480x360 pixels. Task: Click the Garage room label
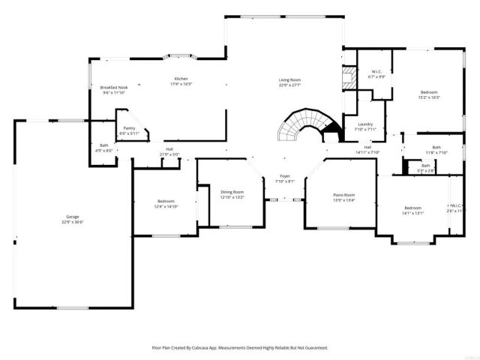(x=72, y=217)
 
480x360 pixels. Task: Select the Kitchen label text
(x=181, y=79)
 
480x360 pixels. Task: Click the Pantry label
(x=129, y=128)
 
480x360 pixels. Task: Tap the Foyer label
(x=285, y=175)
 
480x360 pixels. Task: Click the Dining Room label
(x=232, y=192)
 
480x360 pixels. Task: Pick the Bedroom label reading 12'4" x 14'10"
(x=166, y=201)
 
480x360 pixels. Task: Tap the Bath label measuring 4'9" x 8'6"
(x=103, y=145)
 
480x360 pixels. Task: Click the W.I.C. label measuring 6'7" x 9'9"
(x=376, y=72)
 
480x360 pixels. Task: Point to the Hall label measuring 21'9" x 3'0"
(x=169, y=148)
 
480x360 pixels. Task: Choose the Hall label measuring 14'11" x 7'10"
(x=367, y=147)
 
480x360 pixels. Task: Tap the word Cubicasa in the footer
(x=199, y=348)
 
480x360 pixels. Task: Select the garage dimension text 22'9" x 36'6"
(x=72, y=222)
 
